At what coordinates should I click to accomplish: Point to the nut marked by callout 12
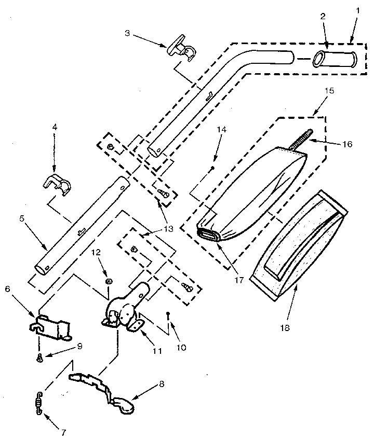point(109,281)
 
